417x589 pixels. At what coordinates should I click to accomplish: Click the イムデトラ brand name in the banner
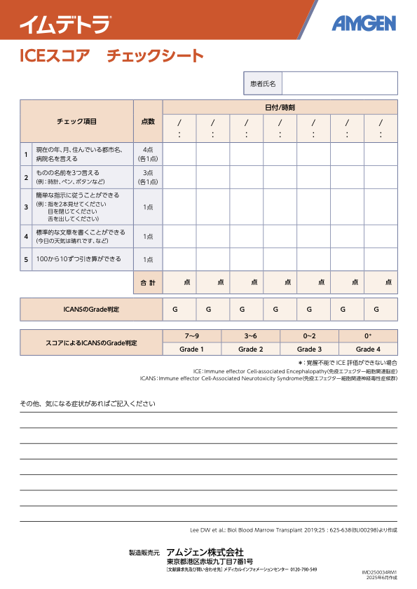(64, 25)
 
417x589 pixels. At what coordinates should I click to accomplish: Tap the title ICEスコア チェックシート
(112, 56)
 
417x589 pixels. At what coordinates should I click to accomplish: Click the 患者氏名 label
(263, 83)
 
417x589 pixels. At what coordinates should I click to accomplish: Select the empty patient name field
(339, 83)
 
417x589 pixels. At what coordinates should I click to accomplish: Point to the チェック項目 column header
(76, 121)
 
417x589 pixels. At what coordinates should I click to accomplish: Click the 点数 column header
(148, 121)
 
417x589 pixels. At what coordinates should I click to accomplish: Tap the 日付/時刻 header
(280, 107)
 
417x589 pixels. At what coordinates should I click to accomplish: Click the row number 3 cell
(26, 207)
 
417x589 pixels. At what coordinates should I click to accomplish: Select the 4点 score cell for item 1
(148, 154)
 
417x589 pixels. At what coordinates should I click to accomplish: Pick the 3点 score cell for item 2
(148, 177)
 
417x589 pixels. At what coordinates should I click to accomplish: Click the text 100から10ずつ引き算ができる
(78, 259)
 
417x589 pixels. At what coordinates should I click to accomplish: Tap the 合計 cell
(148, 282)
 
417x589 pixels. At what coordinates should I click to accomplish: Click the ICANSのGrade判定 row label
(91, 309)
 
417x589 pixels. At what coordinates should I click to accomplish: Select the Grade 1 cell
(192, 349)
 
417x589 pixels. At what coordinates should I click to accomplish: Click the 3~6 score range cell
(251, 336)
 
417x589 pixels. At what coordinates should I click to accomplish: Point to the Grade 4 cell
(368, 349)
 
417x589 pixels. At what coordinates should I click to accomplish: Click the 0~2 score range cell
(309, 336)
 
